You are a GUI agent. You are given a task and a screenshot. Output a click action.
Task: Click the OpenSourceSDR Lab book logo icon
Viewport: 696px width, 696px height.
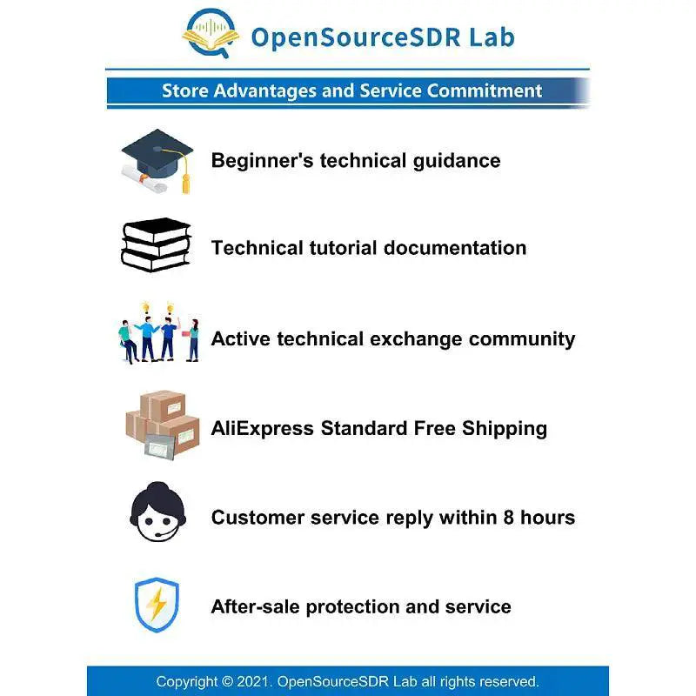coord(211,33)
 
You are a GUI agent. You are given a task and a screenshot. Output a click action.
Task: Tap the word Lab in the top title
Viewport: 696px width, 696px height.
coord(492,37)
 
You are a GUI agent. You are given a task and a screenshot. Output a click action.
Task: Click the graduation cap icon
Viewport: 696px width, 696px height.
coord(157,161)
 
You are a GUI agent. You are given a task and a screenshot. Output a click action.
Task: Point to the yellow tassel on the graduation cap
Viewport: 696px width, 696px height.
coord(185,184)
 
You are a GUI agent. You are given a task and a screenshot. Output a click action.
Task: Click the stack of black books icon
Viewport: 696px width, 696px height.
coord(156,244)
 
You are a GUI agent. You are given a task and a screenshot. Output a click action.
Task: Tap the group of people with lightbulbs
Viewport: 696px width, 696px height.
coord(158,333)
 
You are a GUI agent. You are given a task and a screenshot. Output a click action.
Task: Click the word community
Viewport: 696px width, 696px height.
coord(522,339)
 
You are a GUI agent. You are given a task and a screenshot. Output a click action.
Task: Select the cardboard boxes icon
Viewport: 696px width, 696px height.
coord(163,425)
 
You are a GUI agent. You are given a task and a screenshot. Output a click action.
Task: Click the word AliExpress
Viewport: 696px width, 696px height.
coord(263,429)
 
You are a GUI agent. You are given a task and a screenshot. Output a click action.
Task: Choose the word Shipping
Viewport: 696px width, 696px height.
coord(505,429)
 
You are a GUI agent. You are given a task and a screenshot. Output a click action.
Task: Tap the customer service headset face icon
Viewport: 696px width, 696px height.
coord(157,512)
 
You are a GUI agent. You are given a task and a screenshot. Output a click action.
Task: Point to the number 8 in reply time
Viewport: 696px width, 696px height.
coord(509,518)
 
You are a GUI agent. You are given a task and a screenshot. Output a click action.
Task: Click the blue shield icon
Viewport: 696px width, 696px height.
coord(157,605)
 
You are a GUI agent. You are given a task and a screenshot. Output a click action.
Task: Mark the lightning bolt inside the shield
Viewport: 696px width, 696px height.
coord(157,605)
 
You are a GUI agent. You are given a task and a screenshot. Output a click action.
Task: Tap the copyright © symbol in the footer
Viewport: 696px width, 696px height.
coord(227,681)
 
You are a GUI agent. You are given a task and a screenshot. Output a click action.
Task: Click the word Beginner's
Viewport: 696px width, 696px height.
coord(263,161)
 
